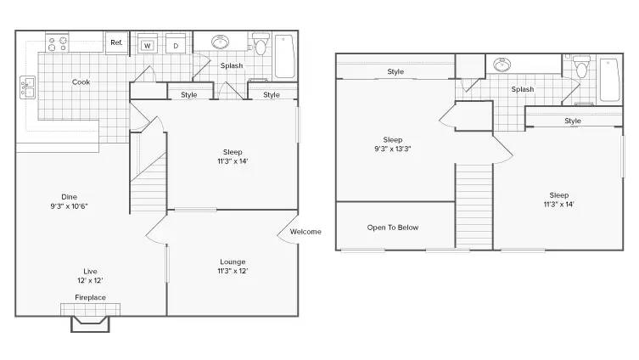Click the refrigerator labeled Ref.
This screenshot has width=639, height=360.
point(117,42)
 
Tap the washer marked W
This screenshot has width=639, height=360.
point(148,43)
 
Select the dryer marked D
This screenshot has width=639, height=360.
point(176,43)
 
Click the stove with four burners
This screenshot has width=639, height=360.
point(57,43)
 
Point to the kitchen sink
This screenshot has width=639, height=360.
point(27,87)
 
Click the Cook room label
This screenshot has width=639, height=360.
point(81,82)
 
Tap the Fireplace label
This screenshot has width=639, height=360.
point(91,298)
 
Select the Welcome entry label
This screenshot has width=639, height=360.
point(305,232)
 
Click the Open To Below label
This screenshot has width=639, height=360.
point(393,228)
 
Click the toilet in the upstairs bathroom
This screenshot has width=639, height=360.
point(581,67)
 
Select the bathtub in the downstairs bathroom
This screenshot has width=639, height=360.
point(284,56)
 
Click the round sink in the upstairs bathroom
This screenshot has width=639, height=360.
point(502,65)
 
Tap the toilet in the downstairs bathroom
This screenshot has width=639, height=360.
point(261,44)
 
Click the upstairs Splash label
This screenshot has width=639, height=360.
point(523,89)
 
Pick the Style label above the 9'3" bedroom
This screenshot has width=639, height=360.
point(395,72)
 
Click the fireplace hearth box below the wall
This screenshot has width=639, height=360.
point(91,323)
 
